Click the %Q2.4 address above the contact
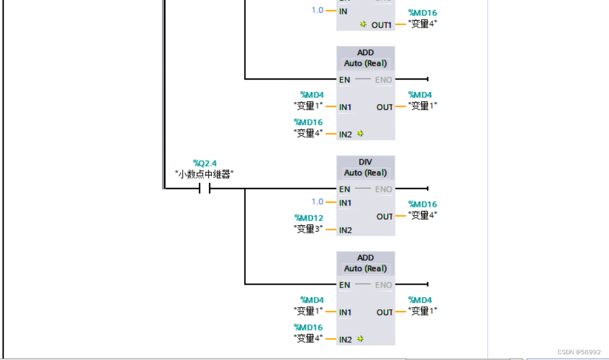[x=205, y=164]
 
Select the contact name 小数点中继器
[x=204, y=174]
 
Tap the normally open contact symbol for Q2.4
[x=204, y=188]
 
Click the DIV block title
[x=366, y=162]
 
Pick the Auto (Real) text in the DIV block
[x=366, y=173]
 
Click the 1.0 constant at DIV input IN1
[x=317, y=202]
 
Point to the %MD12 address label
[x=309, y=218]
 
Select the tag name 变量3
[x=308, y=229]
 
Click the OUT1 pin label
[x=381, y=25]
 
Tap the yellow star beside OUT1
[x=363, y=25]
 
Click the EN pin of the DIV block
[x=344, y=189]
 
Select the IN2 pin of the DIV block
[x=345, y=230]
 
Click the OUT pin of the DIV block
[x=385, y=217]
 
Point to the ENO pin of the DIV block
[x=383, y=189]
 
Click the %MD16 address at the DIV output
[x=423, y=204]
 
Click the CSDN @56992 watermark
[x=579, y=352]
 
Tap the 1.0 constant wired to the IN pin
[x=317, y=10]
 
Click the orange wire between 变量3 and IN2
[x=330, y=230]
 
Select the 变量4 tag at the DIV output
[x=423, y=215]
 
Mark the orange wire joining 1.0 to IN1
[x=331, y=202]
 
